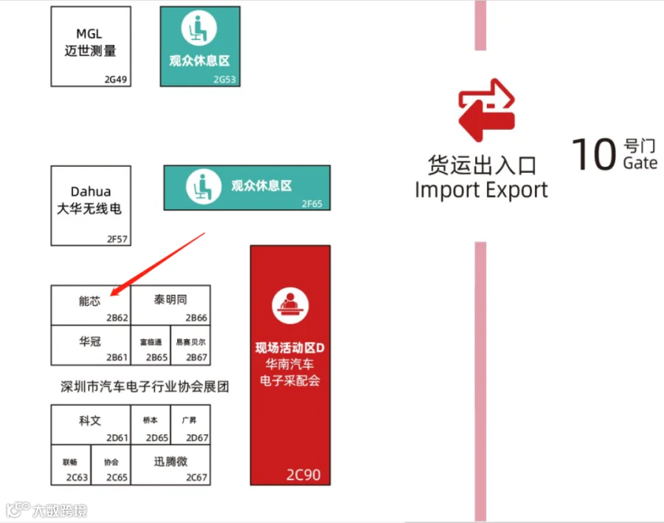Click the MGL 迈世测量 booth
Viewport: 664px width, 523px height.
90,45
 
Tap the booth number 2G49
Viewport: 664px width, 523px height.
117,79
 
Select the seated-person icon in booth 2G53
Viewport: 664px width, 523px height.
199,29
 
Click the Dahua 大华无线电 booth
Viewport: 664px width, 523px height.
90,205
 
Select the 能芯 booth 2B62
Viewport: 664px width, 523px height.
90,305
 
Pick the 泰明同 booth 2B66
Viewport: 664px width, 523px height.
170,305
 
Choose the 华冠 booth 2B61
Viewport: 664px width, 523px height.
90,346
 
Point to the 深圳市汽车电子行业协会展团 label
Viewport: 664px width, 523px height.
145,386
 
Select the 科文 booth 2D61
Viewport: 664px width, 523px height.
90,424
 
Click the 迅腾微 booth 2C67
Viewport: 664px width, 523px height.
170,465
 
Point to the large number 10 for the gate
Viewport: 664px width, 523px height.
594,154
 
